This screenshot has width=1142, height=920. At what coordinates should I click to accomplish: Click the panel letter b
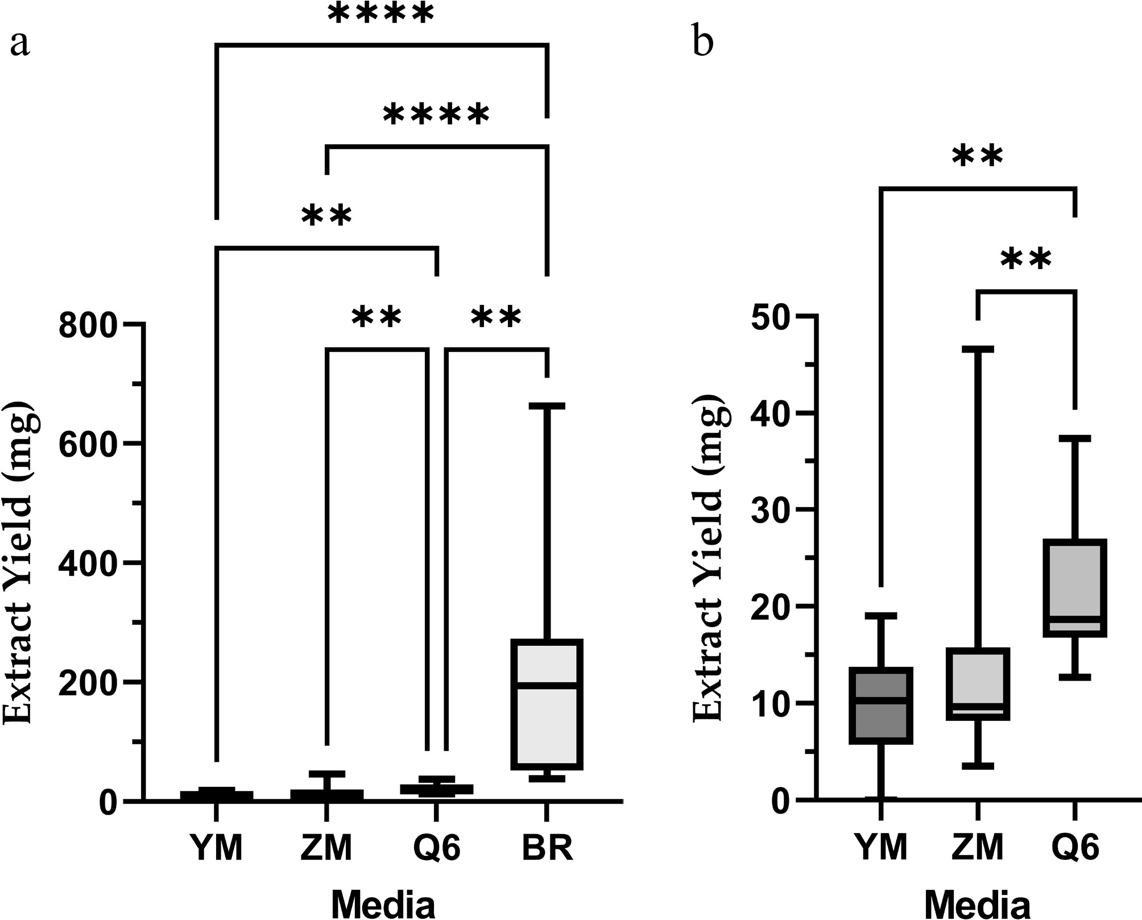click(703, 43)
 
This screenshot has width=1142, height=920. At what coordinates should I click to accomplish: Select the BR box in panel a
click(547, 704)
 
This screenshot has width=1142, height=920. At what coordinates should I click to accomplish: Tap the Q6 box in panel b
click(1074, 587)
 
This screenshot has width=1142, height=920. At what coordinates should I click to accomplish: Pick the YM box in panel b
click(880, 705)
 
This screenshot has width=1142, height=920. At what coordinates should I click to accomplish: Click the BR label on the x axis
click(547, 848)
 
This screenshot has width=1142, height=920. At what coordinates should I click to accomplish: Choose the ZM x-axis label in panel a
click(326, 848)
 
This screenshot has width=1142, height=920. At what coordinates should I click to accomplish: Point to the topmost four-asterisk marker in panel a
click(380, 15)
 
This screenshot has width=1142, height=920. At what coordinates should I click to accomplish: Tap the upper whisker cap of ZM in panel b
click(978, 349)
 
